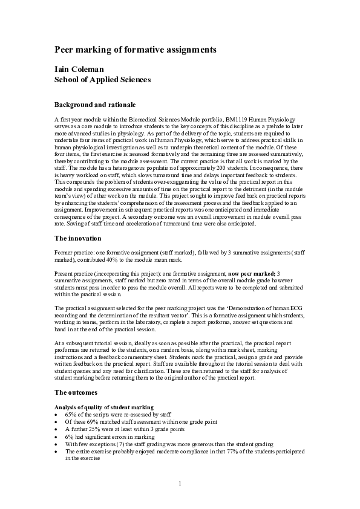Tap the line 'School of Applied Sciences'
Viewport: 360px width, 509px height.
point(102,79)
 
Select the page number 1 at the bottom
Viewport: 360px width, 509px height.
point(180,483)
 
